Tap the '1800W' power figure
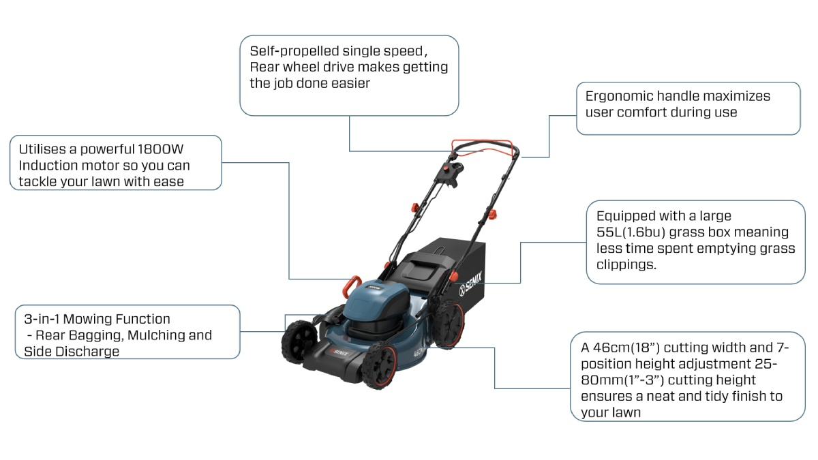pyautogui.click(x=161, y=149)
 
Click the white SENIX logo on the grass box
pyautogui.click(x=470, y=283)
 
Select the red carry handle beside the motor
pyautogui.click(x=351, y=286)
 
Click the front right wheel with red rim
pyautogui.click(x=380, y=365)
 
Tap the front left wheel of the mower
pyautogui.click(x=299, y=341)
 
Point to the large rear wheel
pyautogui.click(x=449, y=323)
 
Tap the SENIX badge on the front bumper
pyautogui.click(x=339, y=352)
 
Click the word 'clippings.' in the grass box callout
pyautogui.click(x=626, y=264)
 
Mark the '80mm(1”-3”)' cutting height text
pyautogui.click(x=622, y=380)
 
